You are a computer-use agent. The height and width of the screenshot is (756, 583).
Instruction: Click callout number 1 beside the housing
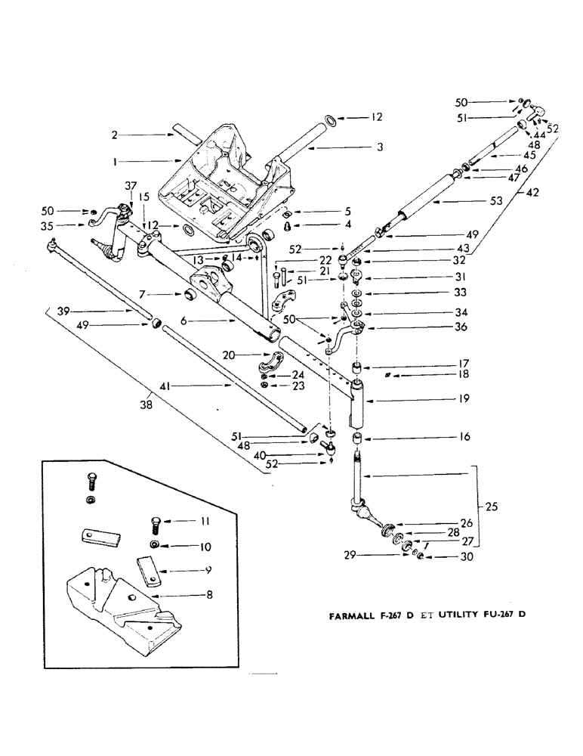pyautogui.click(x=115, y=161)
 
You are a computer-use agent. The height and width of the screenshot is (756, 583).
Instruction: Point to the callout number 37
pyautogui.click(x=130, y=186)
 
